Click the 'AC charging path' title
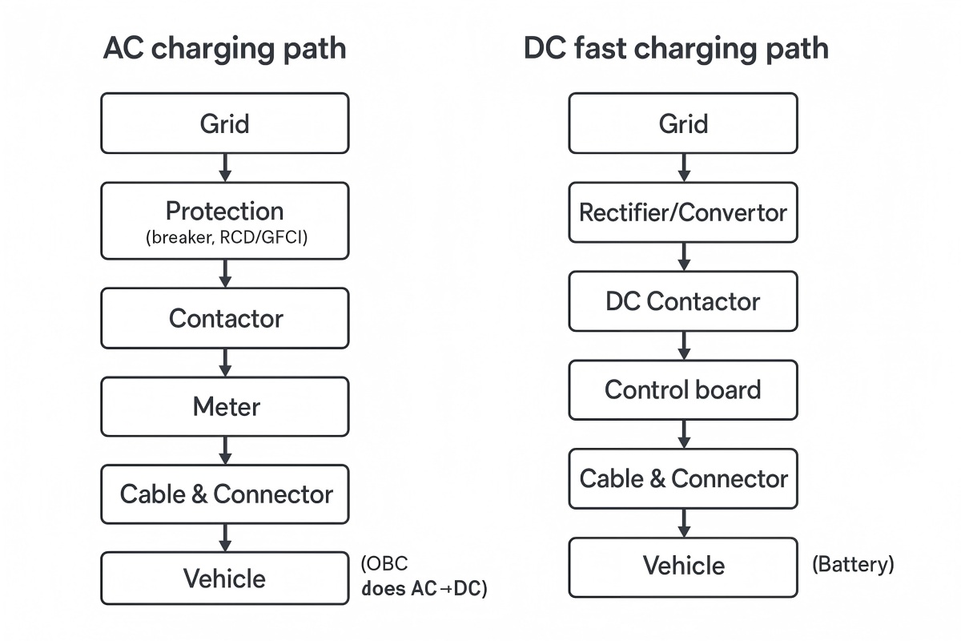[224, 49]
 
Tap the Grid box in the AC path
[224, 123]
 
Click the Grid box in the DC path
[683, 123]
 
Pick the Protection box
[224, 220]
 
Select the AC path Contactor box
[224, 318]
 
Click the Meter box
[224, 407]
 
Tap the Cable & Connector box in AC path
[224, 494]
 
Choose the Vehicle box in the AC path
[224, 578]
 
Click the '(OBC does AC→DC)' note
[423, 576]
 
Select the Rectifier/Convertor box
[683, 212]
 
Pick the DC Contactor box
[683, 301]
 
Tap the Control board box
[683, 390]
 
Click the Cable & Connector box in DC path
[683, 479]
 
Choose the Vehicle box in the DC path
[683, 566]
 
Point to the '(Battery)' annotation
[852, 564]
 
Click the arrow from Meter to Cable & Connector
[225, 450]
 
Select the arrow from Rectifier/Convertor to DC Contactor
[684, 256]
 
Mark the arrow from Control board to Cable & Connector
[684, 434]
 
